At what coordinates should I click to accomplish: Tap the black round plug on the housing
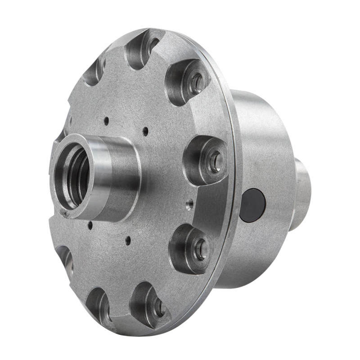click(252, 205)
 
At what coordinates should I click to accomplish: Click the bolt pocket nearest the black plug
click(205, 160)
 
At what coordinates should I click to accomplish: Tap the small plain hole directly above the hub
click(106, 121)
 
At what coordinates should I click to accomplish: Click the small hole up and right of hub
click(145, 131)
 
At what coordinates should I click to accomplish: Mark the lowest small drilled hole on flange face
click(128, 240)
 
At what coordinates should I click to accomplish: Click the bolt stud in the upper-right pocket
click(197, 83)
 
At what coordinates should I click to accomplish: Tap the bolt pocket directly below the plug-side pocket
click(191, 248)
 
